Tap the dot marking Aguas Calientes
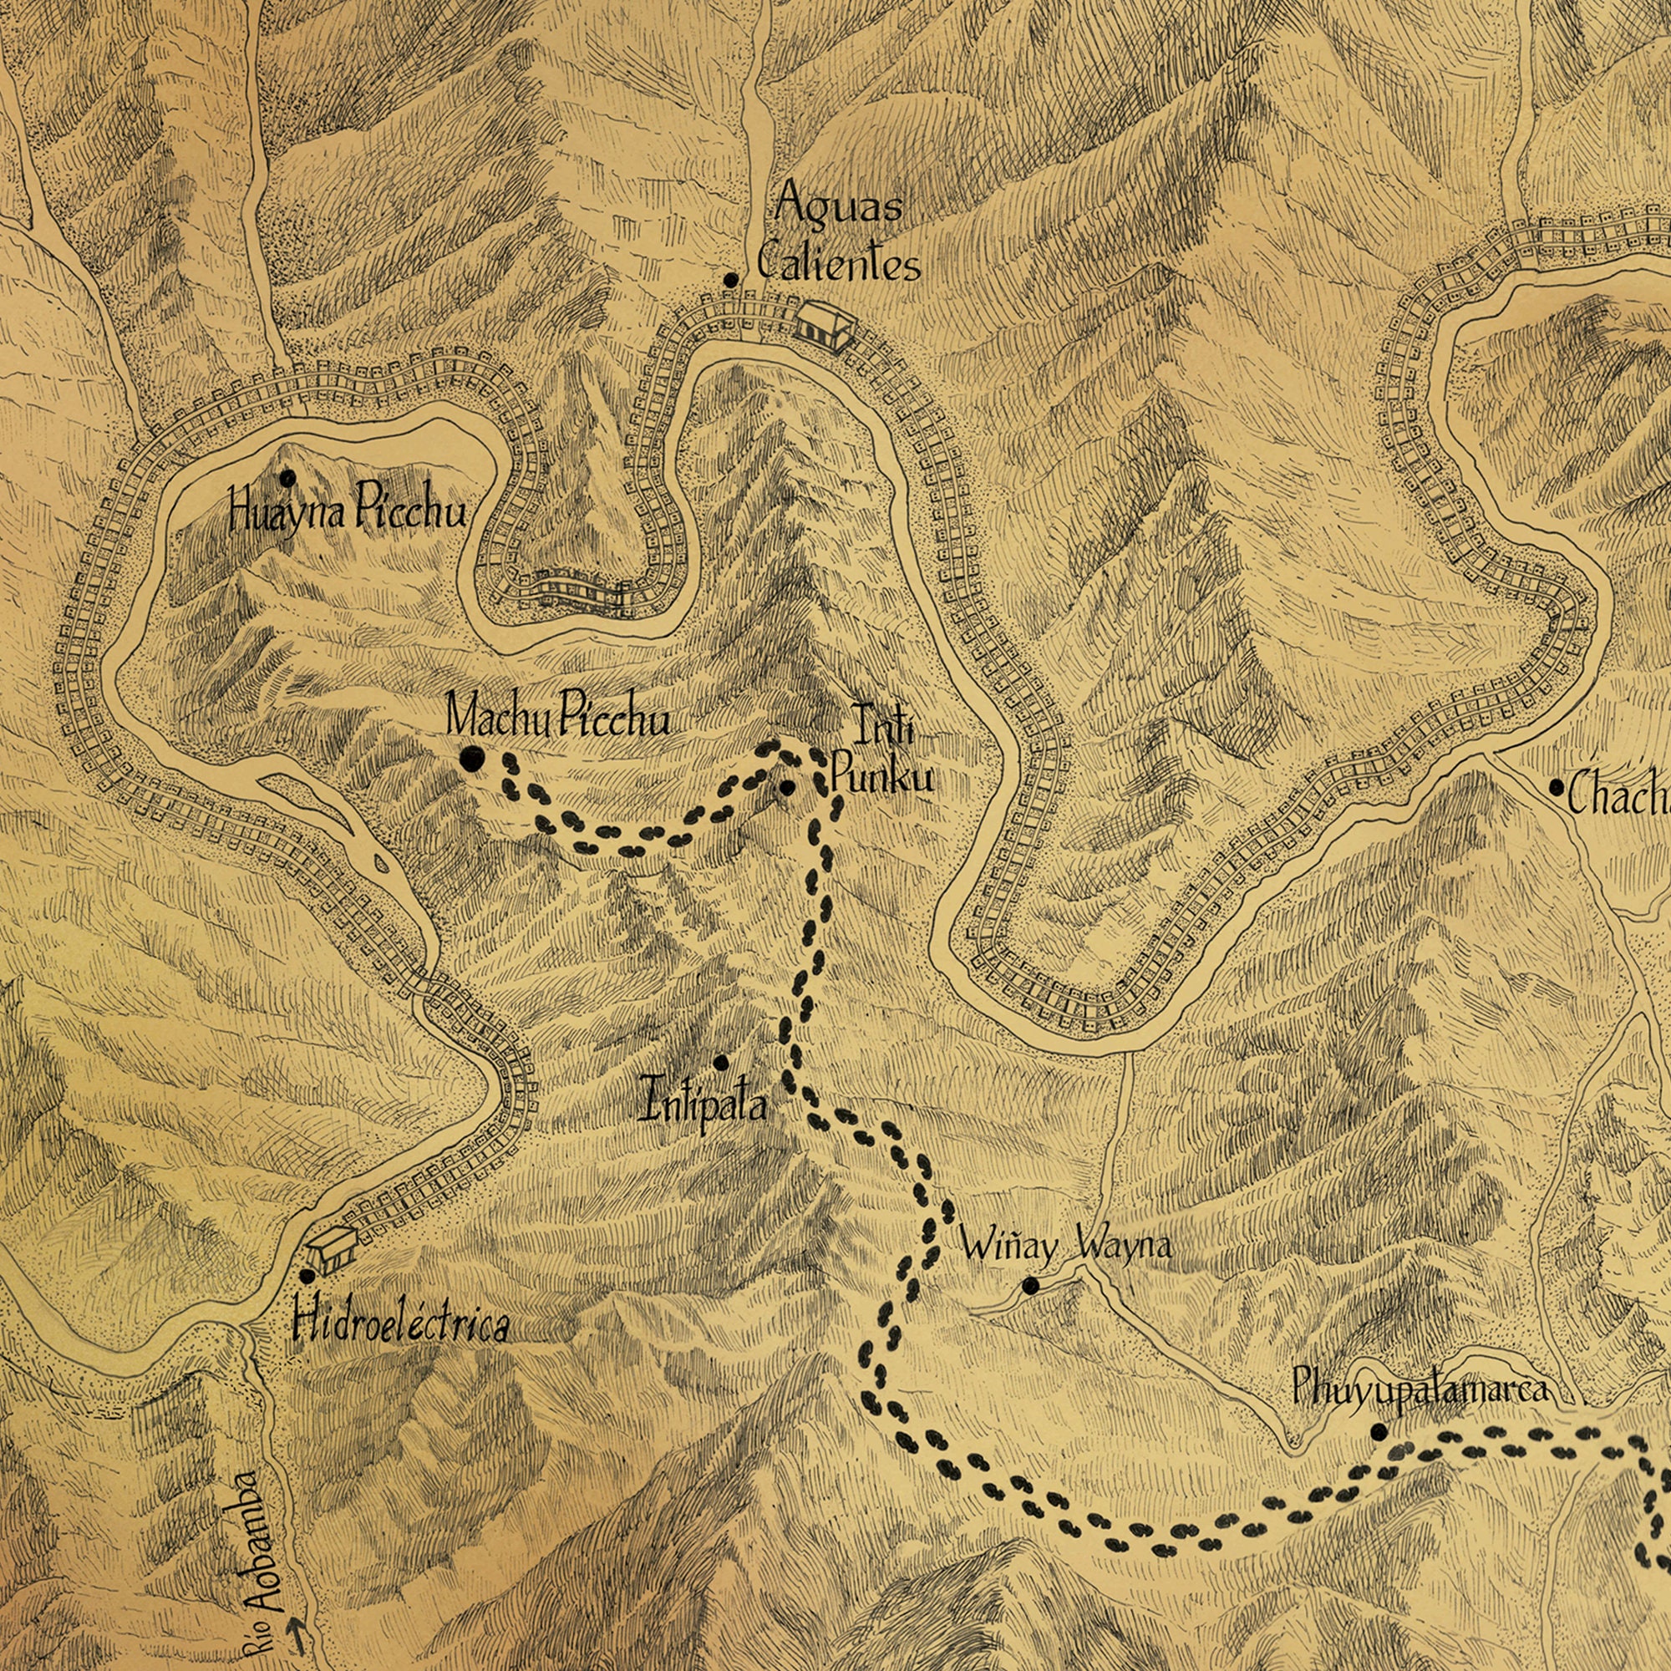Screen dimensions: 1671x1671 click(x=731, y=280)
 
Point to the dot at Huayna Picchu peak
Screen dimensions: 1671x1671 click(x=288, y=477)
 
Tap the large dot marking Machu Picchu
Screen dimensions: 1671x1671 click(x=471, y=760)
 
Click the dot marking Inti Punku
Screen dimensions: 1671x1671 click(x=787, y=787)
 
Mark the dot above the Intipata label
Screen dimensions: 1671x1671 click(x=721, y=1062)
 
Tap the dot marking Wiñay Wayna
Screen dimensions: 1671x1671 click(x=1030, y=1285)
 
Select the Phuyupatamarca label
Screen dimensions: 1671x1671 click(x=1419, y=1391)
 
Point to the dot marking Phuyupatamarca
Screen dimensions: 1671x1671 click(x=1379, y=1431)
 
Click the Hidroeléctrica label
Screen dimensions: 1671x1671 click(x=400, y=1325)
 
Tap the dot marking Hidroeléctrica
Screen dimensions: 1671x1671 click(x=307, y=1276)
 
